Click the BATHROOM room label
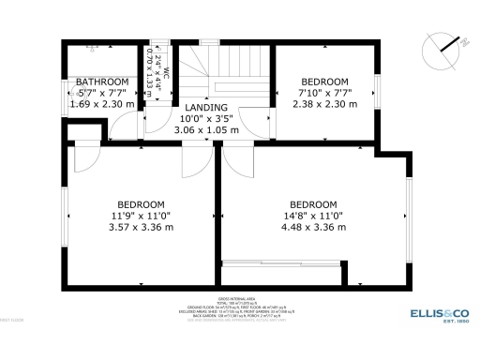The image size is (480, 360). click(102, 82)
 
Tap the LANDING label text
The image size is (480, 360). click(207, 108)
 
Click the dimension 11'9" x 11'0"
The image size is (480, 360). click(142, 216)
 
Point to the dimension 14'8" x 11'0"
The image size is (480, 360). click(312, 216)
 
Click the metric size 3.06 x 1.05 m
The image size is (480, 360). click(207, 130)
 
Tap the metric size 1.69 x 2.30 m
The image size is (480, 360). click(101, 104)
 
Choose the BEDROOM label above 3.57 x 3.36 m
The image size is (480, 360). click(142, 204)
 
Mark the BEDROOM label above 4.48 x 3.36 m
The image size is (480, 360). click(312, 204)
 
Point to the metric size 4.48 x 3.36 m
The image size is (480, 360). click(312, 227)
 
